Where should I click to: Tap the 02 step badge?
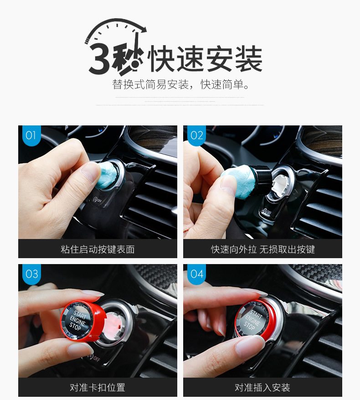coord(196,135)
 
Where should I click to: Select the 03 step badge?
coord(31,274)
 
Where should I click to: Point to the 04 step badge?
coord(196,274)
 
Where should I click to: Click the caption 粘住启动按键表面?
coord(98,249)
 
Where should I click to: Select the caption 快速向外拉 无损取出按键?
coord(263,249)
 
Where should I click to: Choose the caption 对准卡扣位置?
coord(98,388)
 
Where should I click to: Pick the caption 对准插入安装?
coord(262,388)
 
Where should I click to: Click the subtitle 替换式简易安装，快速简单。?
coord(181,84)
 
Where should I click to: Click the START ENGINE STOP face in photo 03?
coord(77,321)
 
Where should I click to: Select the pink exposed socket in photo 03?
coord(115,323)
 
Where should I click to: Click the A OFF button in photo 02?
coord(267,212)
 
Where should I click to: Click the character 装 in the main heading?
coord(249,58)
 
